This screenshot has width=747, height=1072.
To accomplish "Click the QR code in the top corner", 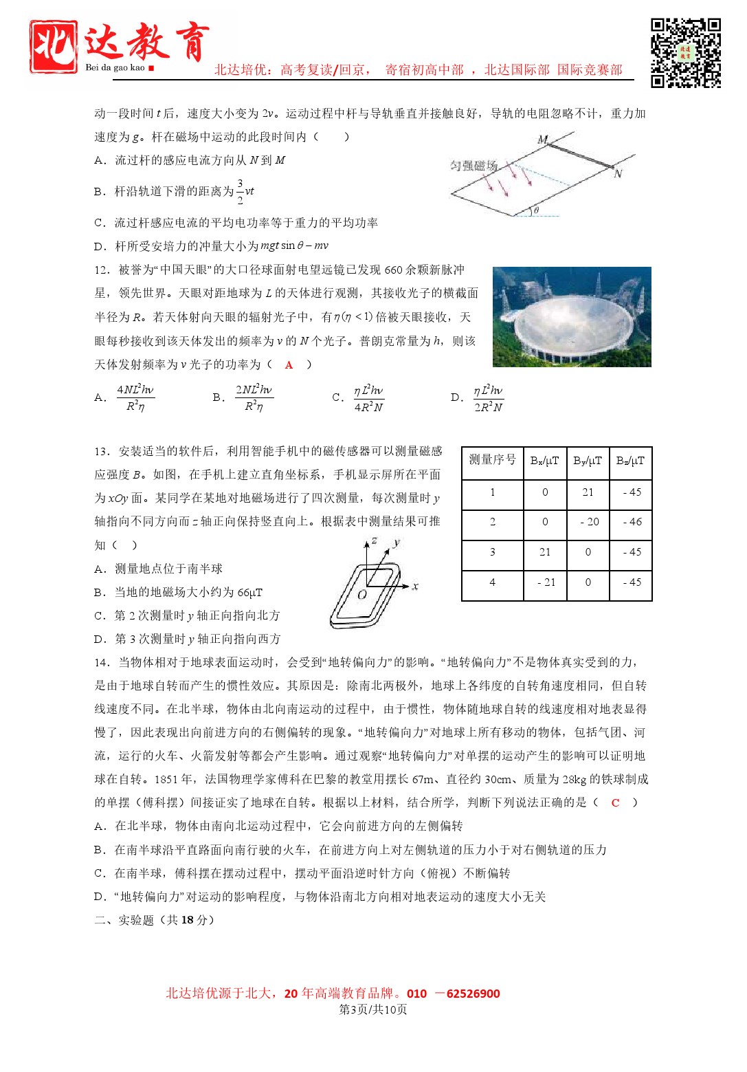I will pos(685,54).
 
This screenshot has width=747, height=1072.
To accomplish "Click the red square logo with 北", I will pos(53,46).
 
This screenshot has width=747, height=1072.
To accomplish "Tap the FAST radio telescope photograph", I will pos(572,317).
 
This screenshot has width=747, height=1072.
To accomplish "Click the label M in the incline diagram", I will pos(543,140).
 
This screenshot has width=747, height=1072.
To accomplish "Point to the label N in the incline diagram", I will pos(617,174).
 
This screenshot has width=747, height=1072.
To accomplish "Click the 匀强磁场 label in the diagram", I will pos(473,166).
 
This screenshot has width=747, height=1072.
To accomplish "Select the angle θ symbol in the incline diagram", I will pos(536,210).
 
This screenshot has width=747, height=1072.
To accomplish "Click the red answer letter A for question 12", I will pos(289,365).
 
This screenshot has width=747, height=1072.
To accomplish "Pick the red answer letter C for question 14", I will pos(615,802).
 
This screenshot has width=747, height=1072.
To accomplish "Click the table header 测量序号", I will pos(492,460).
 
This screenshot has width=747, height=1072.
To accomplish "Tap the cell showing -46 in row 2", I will pos(632,522).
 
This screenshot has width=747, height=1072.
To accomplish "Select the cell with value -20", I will pos(588,522).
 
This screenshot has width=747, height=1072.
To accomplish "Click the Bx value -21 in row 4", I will pos(545,582).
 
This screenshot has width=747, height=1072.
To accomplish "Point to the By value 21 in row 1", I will pos(588,492).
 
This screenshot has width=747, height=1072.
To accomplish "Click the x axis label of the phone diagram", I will pos(415,587).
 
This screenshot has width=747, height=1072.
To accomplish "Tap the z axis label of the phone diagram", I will pos(375,541).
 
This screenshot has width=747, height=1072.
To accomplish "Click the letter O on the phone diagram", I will pos(362,595).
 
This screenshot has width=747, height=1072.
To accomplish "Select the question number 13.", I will pos(102,452).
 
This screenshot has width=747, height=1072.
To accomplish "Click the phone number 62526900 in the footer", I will pos(473,994).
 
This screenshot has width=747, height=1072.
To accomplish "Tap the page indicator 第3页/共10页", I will pos(373,1009).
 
